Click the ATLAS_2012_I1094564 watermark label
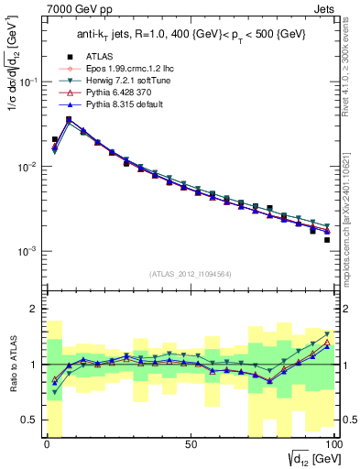190,270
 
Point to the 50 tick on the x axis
191,444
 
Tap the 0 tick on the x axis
48,444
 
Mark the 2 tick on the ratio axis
34,309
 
